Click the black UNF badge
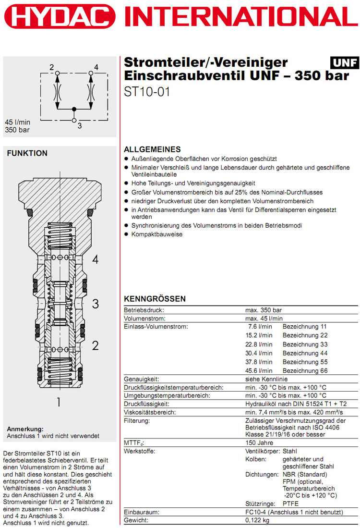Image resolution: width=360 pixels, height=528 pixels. tap(344, 63)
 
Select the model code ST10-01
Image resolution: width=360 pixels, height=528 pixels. tap(147, 92)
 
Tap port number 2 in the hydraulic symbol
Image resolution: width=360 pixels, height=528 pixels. tap(51, 67)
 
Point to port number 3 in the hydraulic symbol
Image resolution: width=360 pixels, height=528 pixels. tap(80, 125)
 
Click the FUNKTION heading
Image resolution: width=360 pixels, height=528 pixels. tap(27, 153)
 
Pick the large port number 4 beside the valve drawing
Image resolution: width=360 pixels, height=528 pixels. tap(96, 259)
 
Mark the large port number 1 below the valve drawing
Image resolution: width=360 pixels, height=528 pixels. tap(59, 402)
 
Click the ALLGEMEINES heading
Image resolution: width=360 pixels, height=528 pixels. tap(152, 149)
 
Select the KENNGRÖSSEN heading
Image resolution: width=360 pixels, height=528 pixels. tap(155, 299)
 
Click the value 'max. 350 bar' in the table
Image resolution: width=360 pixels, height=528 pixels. tap(264, 310)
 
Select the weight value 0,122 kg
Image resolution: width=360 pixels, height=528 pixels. tap(257, 521)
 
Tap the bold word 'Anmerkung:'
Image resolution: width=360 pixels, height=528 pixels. tap(25, 429)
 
